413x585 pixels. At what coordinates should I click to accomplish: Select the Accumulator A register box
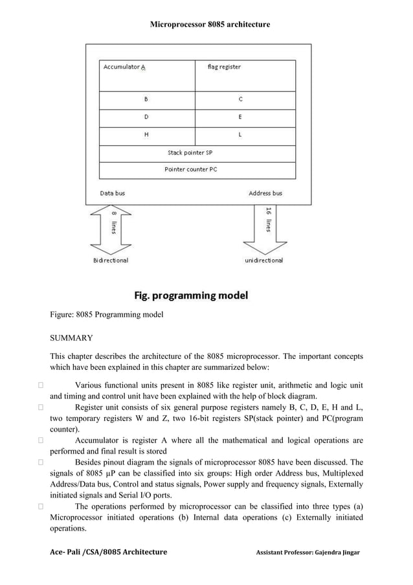tap(147, 76)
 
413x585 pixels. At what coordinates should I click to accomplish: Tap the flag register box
tap(245, 76)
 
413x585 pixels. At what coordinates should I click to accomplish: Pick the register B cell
tap(147, 100)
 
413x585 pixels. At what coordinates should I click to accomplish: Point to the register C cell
tap(245, 100)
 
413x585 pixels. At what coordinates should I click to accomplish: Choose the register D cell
tap(147, 118)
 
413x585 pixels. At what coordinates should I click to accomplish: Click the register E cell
tap(245, 118)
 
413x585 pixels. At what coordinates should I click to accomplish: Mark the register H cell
tap(147, 135)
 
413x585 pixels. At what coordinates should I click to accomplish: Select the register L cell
tap(245, 135)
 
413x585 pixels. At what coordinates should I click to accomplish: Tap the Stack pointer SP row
tap(197, 154)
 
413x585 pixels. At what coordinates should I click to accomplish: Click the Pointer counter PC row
tap(197, 170)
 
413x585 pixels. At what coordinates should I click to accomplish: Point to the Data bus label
tap(113, 193)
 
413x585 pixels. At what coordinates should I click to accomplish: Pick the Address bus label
tap(265, 193)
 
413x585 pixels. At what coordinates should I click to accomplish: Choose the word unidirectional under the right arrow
tap(263, 260)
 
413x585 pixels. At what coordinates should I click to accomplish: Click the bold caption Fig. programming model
tap(190, 296)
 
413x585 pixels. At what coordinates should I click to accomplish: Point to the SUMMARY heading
tap(71, 338)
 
